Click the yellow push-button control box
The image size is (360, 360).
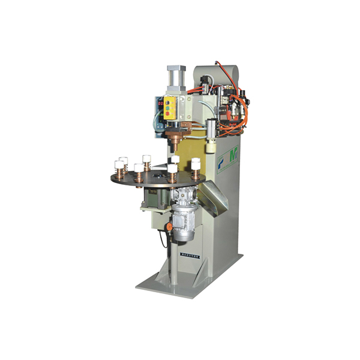point(170,108)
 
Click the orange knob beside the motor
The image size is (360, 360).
point(170,227)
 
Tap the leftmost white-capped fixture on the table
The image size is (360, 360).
point(119,167)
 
